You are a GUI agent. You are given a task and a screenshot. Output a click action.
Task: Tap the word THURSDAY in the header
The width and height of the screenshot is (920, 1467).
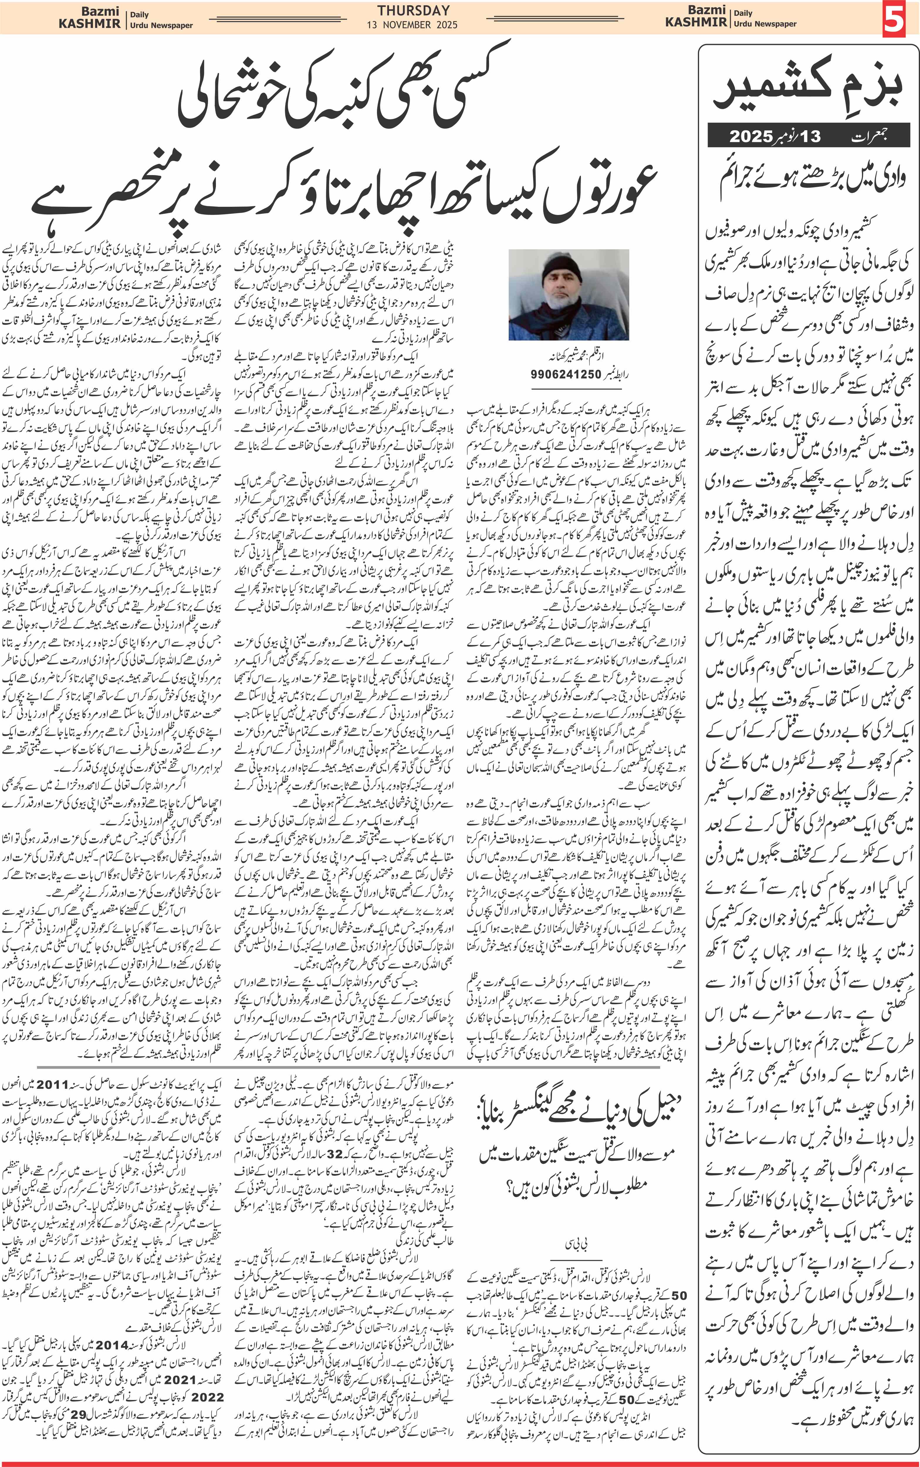click(x=413, y=10)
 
